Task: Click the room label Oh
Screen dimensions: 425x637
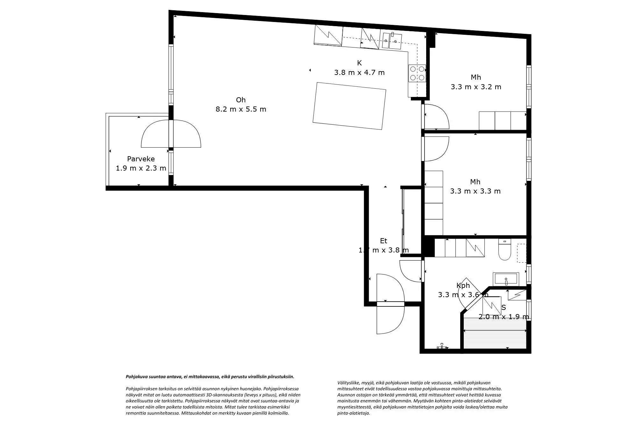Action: click(x=241, y=100)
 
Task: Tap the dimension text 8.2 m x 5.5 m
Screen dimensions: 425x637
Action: click(x=241, y=109)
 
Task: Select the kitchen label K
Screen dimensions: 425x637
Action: click(x=359, y=63)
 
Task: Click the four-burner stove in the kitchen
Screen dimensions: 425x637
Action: click(x=417, y=73)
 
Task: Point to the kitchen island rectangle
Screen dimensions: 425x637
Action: click(x=349, y=106)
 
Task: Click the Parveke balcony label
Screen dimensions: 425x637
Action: click(x=141, y=159)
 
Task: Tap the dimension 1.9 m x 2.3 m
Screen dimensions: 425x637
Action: click(x=141, y=168)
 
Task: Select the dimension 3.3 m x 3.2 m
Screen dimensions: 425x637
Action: click(x=476, y=87)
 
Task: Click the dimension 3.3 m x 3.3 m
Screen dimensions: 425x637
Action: click(x=475, y=191)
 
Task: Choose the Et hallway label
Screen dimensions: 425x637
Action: click(x=383, y=241)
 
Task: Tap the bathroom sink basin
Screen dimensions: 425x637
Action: click(x=506, y=280)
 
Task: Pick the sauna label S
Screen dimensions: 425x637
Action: click(x=504, y=308)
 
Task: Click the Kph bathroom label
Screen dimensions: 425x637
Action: click(x=463, y=286)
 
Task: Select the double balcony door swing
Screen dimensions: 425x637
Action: click(x=171, y=134)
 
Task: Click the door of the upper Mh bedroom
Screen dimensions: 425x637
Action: click(x=435, y=116)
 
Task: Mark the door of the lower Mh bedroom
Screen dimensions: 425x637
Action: click(x=435, y=149)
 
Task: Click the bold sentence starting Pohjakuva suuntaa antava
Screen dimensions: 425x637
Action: click(x=210, y=377)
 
